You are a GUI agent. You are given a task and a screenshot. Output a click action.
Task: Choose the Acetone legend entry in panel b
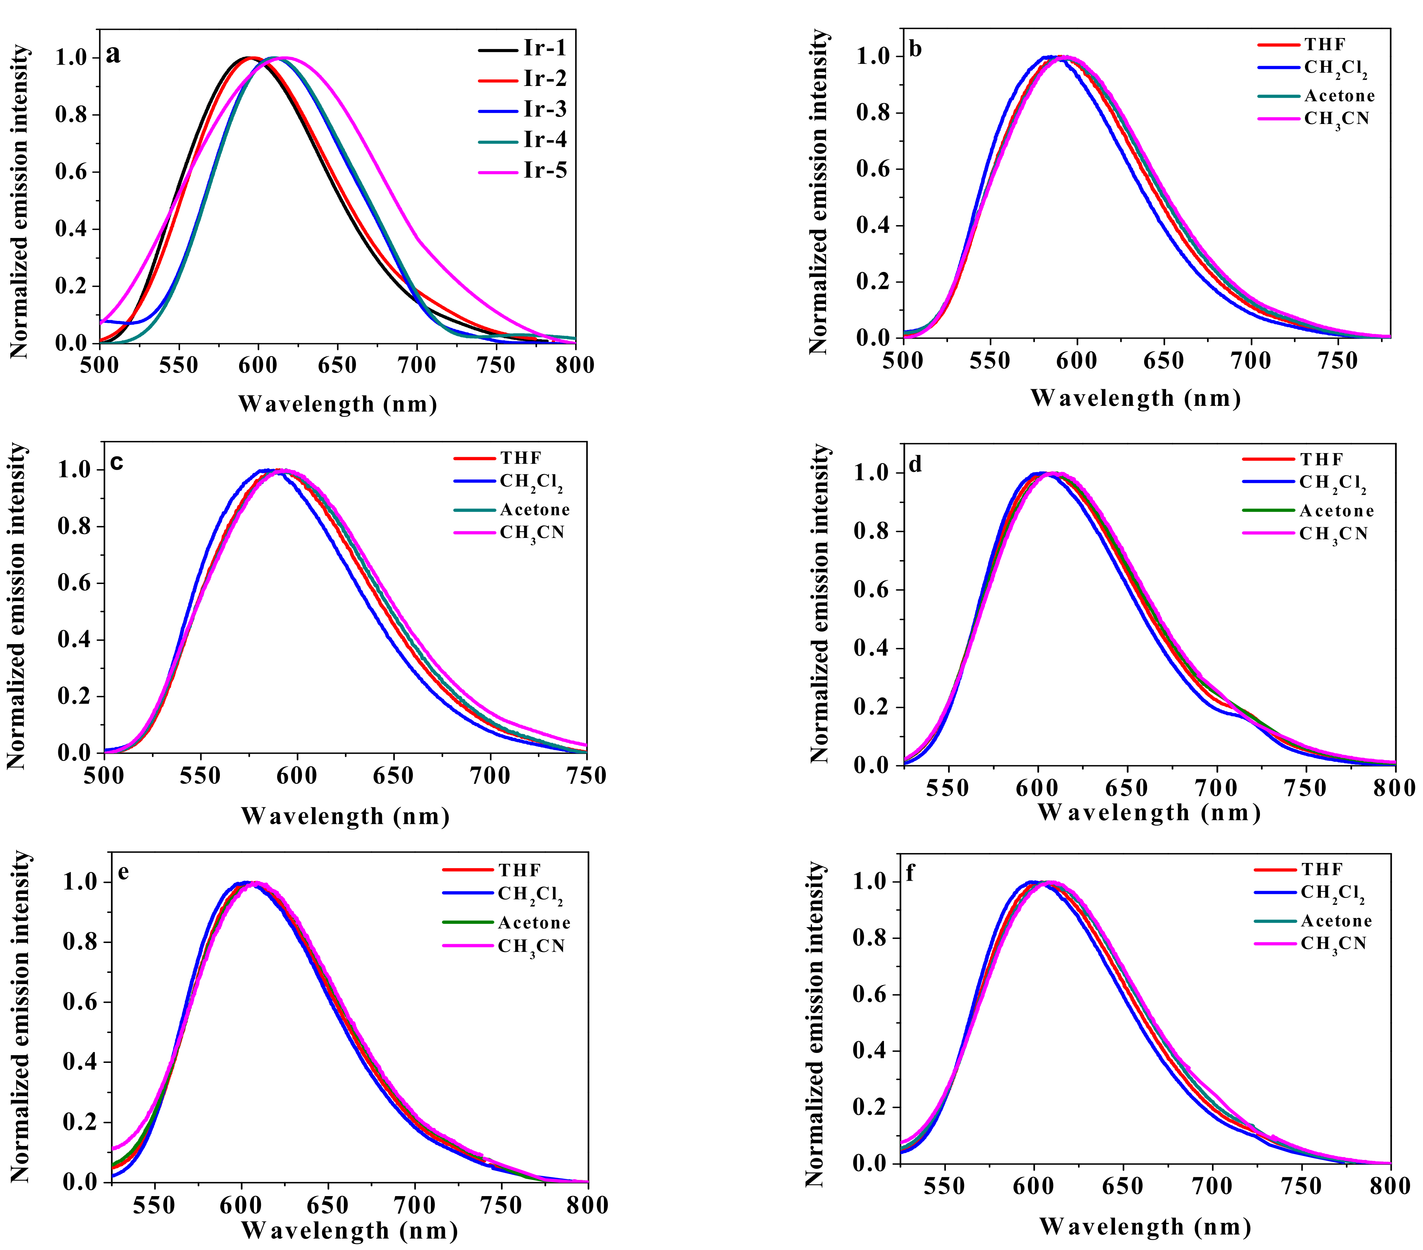click(x=1340, y=96)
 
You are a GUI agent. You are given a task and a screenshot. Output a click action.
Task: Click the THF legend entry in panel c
click(x=520, y=458)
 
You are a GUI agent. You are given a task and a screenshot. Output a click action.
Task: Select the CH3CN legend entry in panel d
click(x=1333, y=534)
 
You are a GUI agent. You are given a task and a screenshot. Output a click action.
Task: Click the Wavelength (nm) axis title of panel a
click(x=338, y=404)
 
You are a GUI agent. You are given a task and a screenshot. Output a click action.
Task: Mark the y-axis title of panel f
click(x=815, y=1024)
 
